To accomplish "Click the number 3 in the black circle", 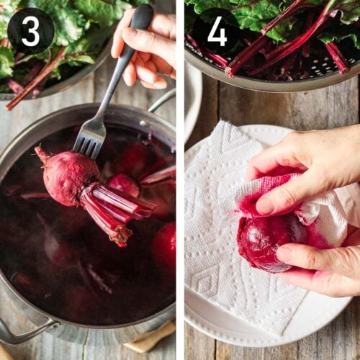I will pyautogui.click(x=30, y=31).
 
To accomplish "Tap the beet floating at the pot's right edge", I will pyautogui.click(x=166, y=245).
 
